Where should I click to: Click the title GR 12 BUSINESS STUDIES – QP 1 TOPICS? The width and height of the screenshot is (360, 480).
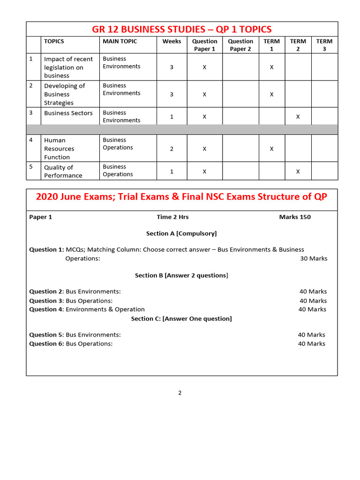point(181,29)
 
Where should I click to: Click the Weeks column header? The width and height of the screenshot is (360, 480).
point(172,41)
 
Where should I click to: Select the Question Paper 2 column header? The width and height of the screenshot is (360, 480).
point(240,45)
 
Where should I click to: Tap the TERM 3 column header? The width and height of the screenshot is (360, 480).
point(324,45)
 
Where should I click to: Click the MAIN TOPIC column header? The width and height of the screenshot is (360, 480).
point(120,41)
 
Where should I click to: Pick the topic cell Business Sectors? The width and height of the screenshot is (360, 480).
point(68,113)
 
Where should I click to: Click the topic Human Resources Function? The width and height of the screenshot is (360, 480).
point(59,149)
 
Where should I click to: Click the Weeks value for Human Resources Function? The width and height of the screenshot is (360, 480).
point(172,149)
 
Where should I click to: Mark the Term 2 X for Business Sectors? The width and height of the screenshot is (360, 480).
point(298,117)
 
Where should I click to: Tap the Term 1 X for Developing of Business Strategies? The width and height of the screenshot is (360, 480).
point(271,94)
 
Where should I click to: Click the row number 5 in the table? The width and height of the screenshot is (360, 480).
point(31,166)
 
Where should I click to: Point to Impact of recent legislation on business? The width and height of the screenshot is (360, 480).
point(68,67)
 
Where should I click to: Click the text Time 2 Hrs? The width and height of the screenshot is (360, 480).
point(172,217)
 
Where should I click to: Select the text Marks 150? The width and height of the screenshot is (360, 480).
point(294,217)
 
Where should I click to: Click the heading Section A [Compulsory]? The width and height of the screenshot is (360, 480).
point(181,233)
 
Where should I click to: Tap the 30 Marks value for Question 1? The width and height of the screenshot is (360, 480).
point(314,258)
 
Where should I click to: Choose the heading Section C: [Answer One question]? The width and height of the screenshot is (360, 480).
point(181,319)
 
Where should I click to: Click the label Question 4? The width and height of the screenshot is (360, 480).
point(46,309)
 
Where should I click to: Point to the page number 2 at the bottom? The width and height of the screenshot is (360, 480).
point(180,393)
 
